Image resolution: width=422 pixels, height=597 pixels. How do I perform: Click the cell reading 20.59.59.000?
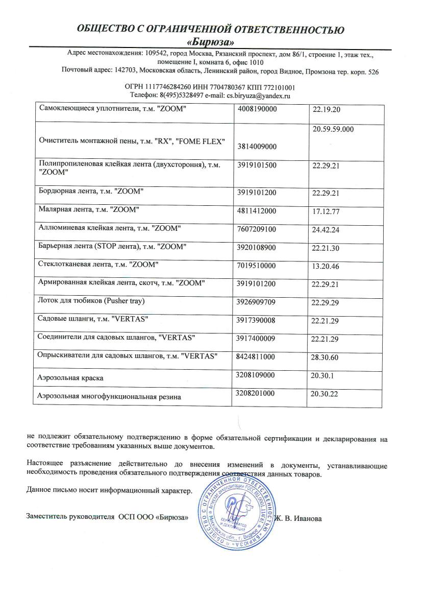333,130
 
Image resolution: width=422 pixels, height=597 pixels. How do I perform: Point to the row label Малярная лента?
89,209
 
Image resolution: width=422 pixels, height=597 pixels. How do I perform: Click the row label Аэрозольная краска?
70,378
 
